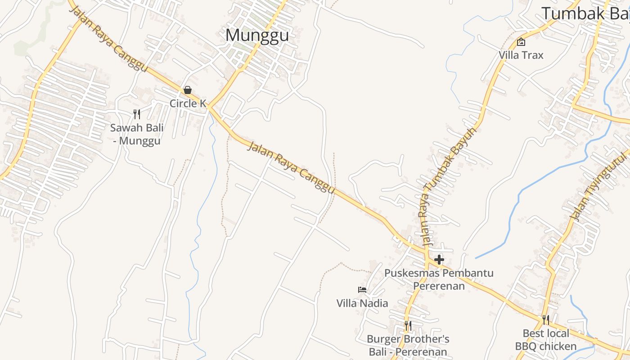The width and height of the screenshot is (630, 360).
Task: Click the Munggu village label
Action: pyautogui.click(x=257, y=35)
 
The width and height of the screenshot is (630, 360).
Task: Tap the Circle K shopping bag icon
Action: pyautogui.click(x=188, y=90)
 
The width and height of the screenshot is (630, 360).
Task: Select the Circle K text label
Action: pyautogui.click(x=188, y=103)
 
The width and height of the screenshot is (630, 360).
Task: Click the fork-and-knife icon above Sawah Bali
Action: pyautogui.click(x=137, y=114)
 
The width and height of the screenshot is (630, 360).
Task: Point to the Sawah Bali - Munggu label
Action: pyautogui.click(x=137, y=134)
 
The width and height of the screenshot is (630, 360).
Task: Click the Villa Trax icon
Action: pyautogui.click(x=521, y=42)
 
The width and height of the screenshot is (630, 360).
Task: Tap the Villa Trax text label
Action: pyautogui.click(x=521, y=55)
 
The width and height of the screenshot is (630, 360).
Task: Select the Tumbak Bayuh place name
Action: pyautogui.click(x=585, y=13)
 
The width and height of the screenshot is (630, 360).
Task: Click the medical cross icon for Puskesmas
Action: pyautogui.click(x=439, y=260)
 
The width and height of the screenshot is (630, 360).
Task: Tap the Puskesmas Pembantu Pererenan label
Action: pyautogui.click(x=439, y=279)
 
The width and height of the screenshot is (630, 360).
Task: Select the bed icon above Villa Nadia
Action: pyautogui.click(x=362, y=290)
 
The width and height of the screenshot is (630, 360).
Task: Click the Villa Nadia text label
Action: pyautogui.click(x=362, y=303)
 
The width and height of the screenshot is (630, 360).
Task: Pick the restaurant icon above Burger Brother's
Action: pyautogui.click(x=408, y=325)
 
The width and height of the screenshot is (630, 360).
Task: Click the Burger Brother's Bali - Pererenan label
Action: pyautogui.click(x=408, y=345)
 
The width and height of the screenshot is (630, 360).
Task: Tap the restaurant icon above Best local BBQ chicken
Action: pyautogui.click(x=545, y=320)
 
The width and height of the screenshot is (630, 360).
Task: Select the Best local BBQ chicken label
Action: pyautogui.click(x=545, y=340)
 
